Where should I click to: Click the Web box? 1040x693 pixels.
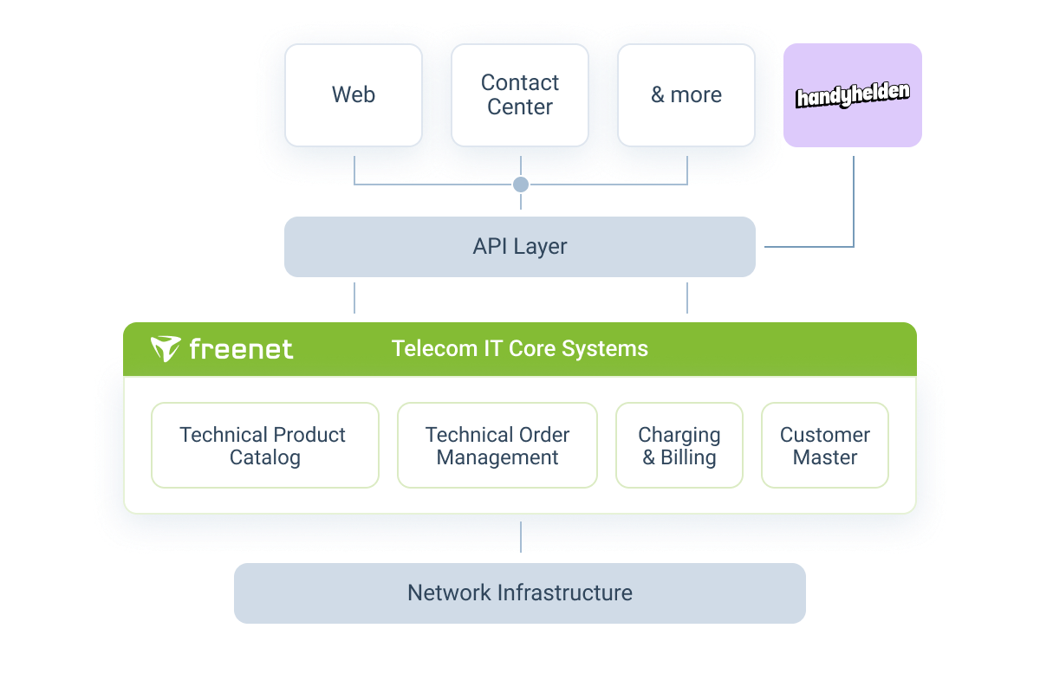(354, 95)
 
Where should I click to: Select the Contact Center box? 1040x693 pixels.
(520, 95)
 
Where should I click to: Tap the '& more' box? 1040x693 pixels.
(686, 95)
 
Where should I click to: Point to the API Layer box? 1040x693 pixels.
(520, 247)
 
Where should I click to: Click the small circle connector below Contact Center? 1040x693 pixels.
(521, 185)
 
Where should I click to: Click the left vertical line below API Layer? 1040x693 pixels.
(354, 297)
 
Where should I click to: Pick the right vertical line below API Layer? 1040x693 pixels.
(687, 297)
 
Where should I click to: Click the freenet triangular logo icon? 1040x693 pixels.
(165, 349)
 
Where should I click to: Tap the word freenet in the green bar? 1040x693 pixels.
(240, 349)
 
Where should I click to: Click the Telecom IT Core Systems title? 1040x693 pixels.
(520, 348)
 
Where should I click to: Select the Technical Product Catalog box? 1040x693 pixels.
(264, 445)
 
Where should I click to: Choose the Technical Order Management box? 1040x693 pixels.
(497, 445)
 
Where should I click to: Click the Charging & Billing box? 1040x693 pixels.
(679, 445)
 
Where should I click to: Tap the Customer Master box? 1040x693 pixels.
(825, 445)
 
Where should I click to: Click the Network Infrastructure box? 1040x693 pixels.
(520, 593)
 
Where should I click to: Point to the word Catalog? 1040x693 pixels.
(264, 457)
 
